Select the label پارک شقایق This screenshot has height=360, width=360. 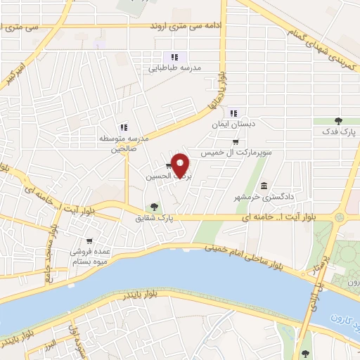pyautogui.click(x=155, y=218)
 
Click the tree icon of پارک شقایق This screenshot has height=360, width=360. pyautogui.click(x=155, y=207)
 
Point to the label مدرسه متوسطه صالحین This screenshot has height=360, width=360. pyautogui.click(x=124, y=143)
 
